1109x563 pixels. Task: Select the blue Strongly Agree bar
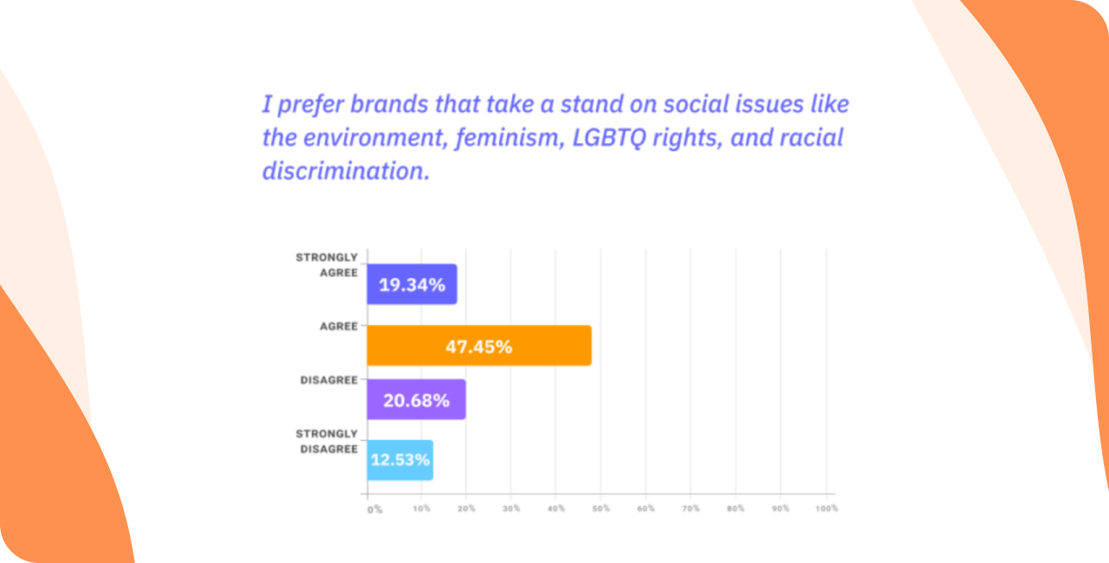(412, 284)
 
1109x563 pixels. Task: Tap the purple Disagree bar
(416, 399)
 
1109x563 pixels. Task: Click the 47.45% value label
(479, 346)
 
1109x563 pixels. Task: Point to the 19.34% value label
(412, 285)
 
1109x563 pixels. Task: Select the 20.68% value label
(416, 400)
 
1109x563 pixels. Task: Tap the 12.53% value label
(400, 460)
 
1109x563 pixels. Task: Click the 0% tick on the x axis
(374, 509)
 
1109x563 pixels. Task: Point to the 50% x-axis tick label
(600, 508)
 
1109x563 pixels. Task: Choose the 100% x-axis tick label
(827, 508)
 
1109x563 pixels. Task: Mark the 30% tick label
(510, 508)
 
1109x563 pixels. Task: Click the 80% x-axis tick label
(736, 508)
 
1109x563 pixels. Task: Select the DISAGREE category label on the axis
(329, 379)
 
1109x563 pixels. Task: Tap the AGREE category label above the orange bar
(339, 327)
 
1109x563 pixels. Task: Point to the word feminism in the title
(503, 138)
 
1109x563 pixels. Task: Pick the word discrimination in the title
(343, 171)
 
